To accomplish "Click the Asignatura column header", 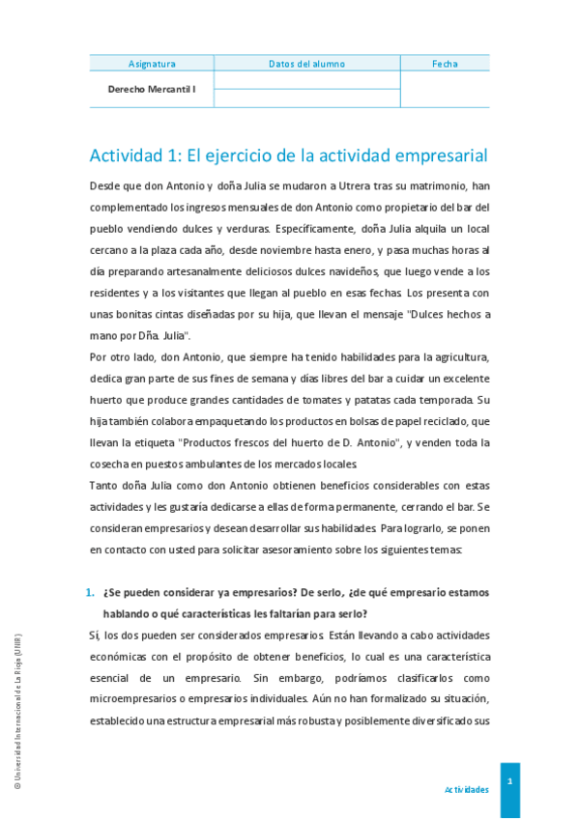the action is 152,64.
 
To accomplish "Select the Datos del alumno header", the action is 306,64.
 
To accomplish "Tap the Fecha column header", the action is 445,64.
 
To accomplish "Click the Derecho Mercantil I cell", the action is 152,89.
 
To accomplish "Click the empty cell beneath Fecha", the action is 445,89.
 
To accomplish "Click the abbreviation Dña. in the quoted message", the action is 144,336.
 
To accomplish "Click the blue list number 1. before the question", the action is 91,592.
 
